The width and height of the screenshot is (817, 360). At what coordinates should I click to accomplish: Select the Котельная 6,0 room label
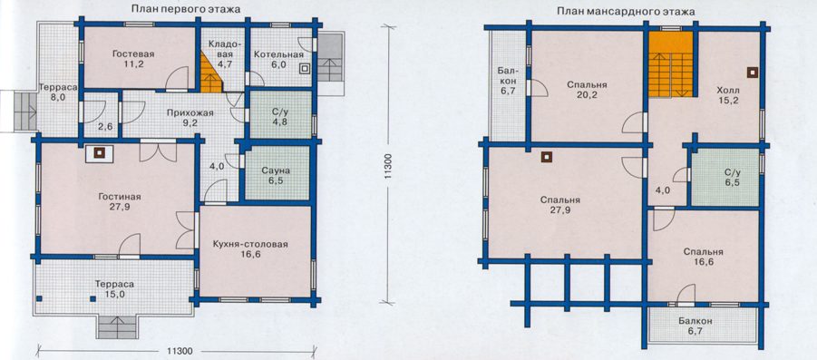coord(278,60)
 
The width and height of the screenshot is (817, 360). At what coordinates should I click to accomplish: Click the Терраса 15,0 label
coord(114,289)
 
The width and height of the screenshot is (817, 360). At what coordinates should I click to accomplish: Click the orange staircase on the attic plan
coord(671,63)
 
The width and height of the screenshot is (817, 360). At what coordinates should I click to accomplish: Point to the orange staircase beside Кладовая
coord(210,72)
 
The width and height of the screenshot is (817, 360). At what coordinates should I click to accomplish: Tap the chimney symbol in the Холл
coord(752,73)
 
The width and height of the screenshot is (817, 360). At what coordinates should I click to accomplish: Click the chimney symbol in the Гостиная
coord(99,153)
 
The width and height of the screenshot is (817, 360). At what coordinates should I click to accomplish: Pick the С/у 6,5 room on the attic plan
coord(725,177)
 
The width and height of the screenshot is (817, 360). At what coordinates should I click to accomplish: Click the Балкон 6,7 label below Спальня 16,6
coord(695,326)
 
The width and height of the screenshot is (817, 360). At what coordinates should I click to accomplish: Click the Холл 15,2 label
coord(728,96)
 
